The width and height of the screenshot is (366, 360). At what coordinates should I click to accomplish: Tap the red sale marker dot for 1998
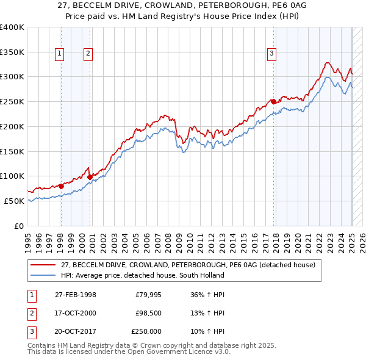[61, 186]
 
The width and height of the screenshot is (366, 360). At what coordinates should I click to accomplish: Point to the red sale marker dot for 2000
[90, 177]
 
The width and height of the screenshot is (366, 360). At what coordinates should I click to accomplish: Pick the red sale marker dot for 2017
[273, 101]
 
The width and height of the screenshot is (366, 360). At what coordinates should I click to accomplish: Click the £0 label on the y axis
[19, 226]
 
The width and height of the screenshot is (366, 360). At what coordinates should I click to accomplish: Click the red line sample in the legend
[43, 265]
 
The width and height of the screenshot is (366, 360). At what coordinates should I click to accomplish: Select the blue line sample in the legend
[43, 275]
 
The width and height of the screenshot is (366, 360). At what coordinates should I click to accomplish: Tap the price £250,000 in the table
[146, 331]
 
